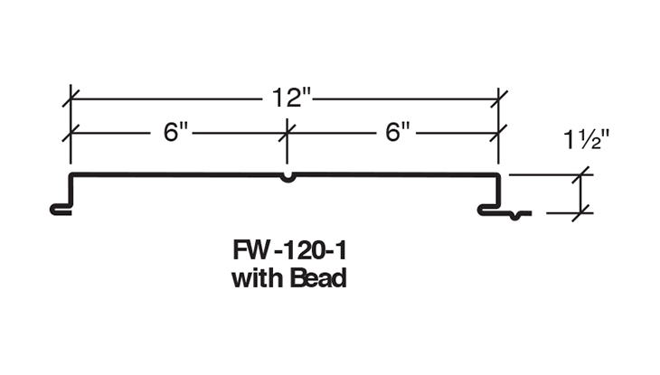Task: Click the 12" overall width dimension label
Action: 291,98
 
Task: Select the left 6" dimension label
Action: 175,132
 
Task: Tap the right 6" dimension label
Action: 397,132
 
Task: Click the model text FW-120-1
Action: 289,250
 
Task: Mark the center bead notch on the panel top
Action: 288,178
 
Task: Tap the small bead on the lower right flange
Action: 515,216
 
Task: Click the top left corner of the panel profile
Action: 71,174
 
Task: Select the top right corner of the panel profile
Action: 499,174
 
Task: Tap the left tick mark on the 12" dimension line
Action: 71,98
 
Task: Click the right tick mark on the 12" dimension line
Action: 499,98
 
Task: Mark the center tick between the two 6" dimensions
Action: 288,133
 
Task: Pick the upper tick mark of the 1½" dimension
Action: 581,174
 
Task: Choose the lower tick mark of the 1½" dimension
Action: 581,213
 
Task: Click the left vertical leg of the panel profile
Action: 71,191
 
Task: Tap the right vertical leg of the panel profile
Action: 499,191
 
